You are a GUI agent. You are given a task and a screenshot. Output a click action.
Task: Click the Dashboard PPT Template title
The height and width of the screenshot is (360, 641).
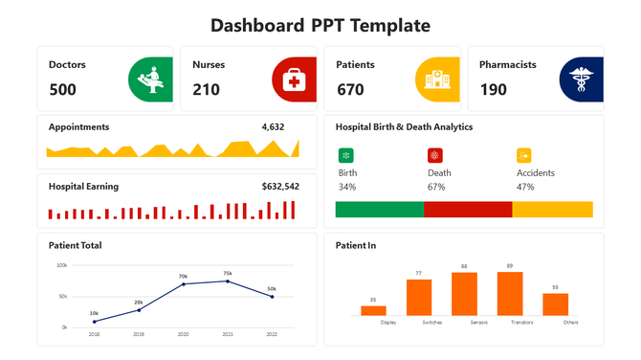tap(320, 25)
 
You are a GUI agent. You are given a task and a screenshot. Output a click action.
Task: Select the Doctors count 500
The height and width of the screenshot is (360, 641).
tap(62, 90)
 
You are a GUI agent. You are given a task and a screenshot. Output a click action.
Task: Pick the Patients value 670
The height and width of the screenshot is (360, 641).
tap(350, 90)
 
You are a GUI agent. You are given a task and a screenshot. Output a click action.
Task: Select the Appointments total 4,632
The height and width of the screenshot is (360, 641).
tap(273, 126)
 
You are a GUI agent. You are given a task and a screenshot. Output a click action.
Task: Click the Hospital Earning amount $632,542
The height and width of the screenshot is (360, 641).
tap(280, 187)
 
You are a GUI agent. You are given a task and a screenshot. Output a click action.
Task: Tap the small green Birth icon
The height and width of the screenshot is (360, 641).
tap(345, 155)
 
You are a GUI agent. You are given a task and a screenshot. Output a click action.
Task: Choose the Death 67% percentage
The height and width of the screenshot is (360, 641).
tap(436, 187)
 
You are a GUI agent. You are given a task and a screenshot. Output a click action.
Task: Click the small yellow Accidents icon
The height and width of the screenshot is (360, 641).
tap(523, 155)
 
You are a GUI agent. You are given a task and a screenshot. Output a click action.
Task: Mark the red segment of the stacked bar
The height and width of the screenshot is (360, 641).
tap(468, 210)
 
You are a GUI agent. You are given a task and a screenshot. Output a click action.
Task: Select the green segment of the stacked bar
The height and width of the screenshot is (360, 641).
tap(379, 210)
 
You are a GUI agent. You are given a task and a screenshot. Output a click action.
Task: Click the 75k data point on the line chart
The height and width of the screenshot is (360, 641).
tap(228, 281)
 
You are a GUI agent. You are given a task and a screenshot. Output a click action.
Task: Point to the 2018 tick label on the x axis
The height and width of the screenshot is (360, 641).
tap(94, 334)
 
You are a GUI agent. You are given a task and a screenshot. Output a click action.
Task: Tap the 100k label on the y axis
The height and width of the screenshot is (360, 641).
tap(62, 265)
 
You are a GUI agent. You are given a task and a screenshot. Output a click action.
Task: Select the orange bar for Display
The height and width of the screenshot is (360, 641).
tap(373, 310)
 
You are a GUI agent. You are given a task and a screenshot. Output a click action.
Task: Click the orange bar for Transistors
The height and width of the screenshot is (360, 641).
tap(510, 294)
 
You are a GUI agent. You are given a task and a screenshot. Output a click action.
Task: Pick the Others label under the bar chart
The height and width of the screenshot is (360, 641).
tap(571, 323)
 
